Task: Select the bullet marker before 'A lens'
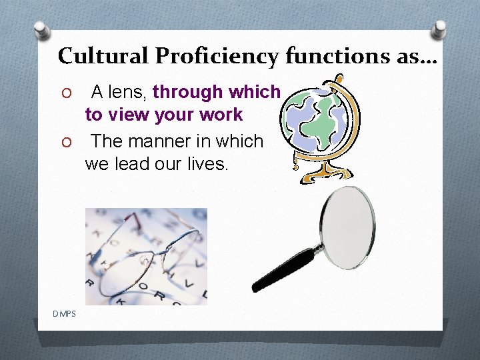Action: [x=65, y=91]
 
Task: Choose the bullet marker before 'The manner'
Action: [x=65, y=142]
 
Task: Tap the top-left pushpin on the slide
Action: [x=42, y=29]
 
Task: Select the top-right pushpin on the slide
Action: [x=440, y=28]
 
